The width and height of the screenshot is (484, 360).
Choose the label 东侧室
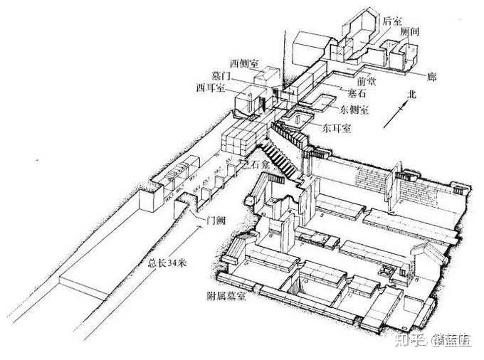coord(354,110)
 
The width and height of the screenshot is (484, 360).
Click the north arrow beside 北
coord(396,114)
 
